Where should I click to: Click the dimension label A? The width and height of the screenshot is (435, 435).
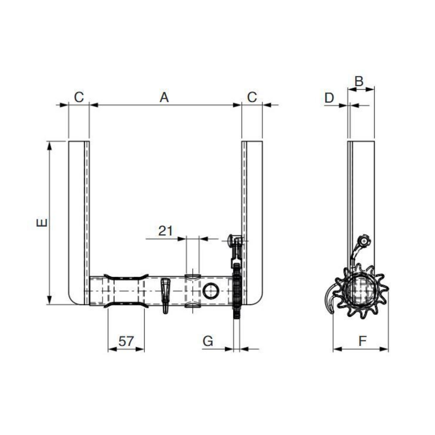click(164, 97)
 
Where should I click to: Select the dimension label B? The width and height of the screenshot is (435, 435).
click(359, 80)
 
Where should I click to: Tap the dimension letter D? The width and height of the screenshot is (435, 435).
click(329, 97)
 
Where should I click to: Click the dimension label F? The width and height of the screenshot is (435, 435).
click(361, 341)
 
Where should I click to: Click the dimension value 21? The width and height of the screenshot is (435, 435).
click(165, 231)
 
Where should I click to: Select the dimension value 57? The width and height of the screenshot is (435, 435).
click(126, 341)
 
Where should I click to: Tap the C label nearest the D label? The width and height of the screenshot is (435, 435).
click(252, 97)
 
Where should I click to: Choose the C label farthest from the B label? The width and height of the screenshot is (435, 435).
click(79, 97)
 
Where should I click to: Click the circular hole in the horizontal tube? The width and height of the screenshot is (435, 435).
click(210, 292)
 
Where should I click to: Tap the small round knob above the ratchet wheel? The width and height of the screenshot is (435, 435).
click(363, 240)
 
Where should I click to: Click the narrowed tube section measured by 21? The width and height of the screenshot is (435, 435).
click(192, 292)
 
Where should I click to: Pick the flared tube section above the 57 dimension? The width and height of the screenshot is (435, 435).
click(126, 292)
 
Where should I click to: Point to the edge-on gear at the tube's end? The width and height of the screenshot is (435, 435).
click(237, 294)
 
